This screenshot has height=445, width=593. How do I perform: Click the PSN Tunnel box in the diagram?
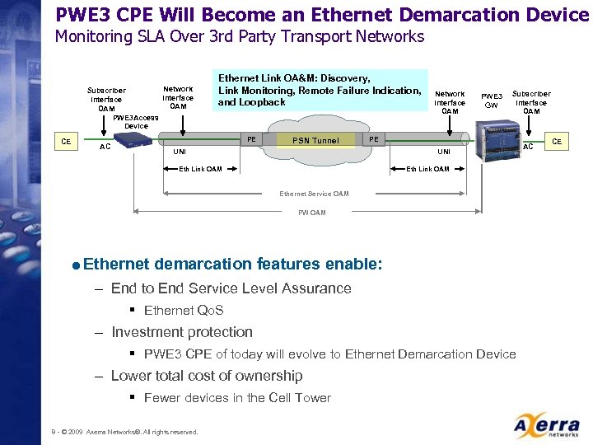coord(315,140)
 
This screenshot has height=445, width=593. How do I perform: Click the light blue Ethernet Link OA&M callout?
coord(320,91)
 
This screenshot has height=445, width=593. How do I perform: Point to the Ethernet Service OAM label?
coord(314,194)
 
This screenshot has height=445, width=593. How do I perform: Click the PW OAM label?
coord(312,213)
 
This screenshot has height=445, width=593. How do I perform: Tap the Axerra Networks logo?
coord(545,426)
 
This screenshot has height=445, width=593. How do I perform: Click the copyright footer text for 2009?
coord(124,432)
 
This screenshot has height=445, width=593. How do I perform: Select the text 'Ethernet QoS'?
coord(184,311)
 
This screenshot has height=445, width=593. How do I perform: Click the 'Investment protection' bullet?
coord(182,332)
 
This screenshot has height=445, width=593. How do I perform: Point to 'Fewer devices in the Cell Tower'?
coord(237,398)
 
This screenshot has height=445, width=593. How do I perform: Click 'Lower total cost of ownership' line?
coord(207,376)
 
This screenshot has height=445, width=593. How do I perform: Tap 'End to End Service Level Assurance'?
coord(231,288)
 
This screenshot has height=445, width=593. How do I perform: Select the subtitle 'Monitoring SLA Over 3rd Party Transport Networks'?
coord(239,36)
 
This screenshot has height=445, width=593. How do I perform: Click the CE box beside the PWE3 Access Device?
coord(66,142)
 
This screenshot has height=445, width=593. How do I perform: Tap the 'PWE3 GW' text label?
coord(492,101)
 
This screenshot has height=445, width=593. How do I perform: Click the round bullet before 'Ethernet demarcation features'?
coord(76,265)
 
